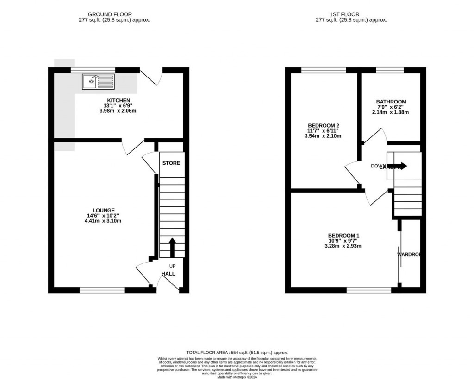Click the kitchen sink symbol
98,82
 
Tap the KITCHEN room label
118,100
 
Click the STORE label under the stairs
171,163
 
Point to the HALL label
168,274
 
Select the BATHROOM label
391,102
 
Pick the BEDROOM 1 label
344,235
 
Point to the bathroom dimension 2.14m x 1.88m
390,112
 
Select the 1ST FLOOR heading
351,14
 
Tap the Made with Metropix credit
237,376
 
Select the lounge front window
102,290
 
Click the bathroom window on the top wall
389,70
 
